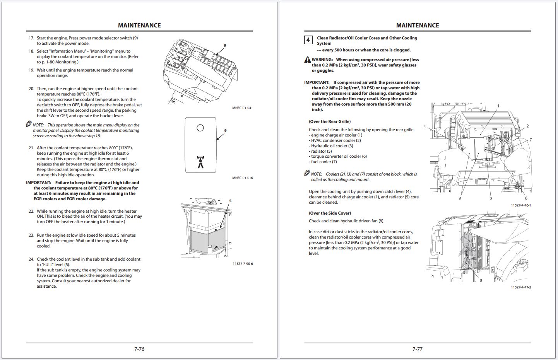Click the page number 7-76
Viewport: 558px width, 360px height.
[139, 349]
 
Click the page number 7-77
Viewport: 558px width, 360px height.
[417, 349]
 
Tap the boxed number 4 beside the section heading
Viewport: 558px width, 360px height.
[308, 40]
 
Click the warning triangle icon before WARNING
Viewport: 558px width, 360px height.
[307, 60]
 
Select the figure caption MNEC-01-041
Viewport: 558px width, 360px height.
[242, 108]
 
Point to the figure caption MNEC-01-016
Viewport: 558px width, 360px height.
[242, 178]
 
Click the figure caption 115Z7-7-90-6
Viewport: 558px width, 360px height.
[243, 264]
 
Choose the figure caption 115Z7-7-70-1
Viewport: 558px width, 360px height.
[521, 205]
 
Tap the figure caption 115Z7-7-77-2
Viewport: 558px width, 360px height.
[521, 287]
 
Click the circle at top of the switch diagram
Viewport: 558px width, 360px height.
[200, 128]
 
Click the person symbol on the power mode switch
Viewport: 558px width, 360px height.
[200, 162]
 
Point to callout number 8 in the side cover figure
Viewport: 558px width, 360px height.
[481, 280]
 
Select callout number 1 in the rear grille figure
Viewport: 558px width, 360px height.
[498, 106]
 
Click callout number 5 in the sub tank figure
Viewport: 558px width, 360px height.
[230, 201]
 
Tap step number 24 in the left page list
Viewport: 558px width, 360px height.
[31, 259]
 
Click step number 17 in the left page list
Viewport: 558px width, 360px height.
[31, 38]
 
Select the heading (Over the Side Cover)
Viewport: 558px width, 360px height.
[330, 213]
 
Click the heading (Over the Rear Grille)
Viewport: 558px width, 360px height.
[330, 121]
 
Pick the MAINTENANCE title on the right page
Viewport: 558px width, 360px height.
[417, 26]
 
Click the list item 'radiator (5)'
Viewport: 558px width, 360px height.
[321, 151]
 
